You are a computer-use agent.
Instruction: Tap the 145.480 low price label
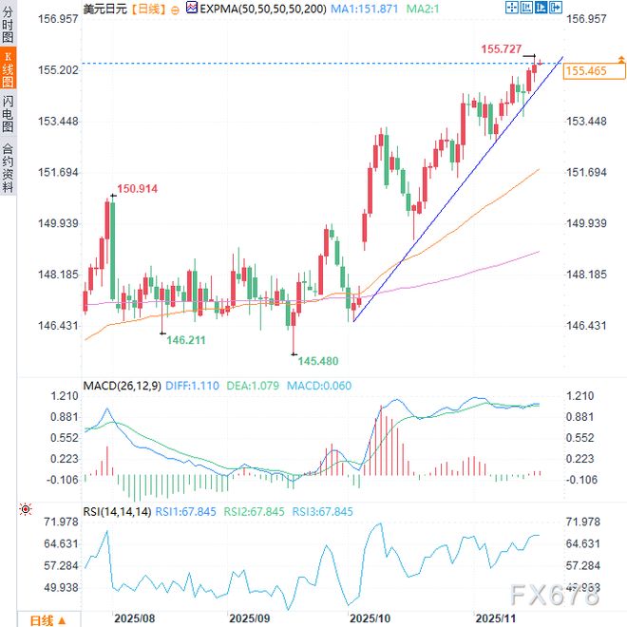[x=319, y=361]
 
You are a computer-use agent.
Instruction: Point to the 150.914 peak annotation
[x=137, y=189]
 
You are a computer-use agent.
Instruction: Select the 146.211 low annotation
[x=187, y=338]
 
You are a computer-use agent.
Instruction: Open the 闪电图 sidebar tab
[x=8, y=113]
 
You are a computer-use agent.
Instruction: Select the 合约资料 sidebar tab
[x=8, y=167]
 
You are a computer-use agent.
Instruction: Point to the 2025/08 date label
[x=134, y=617]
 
